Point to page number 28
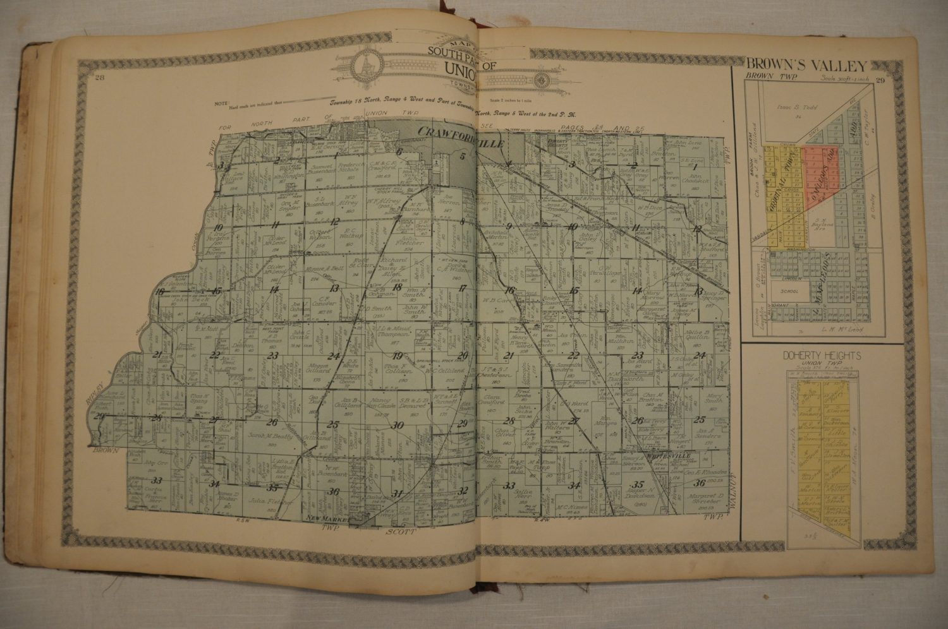(99, 78)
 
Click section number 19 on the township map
(398, 355)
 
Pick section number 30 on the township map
(398, 424)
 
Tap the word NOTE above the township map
(221, 102)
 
